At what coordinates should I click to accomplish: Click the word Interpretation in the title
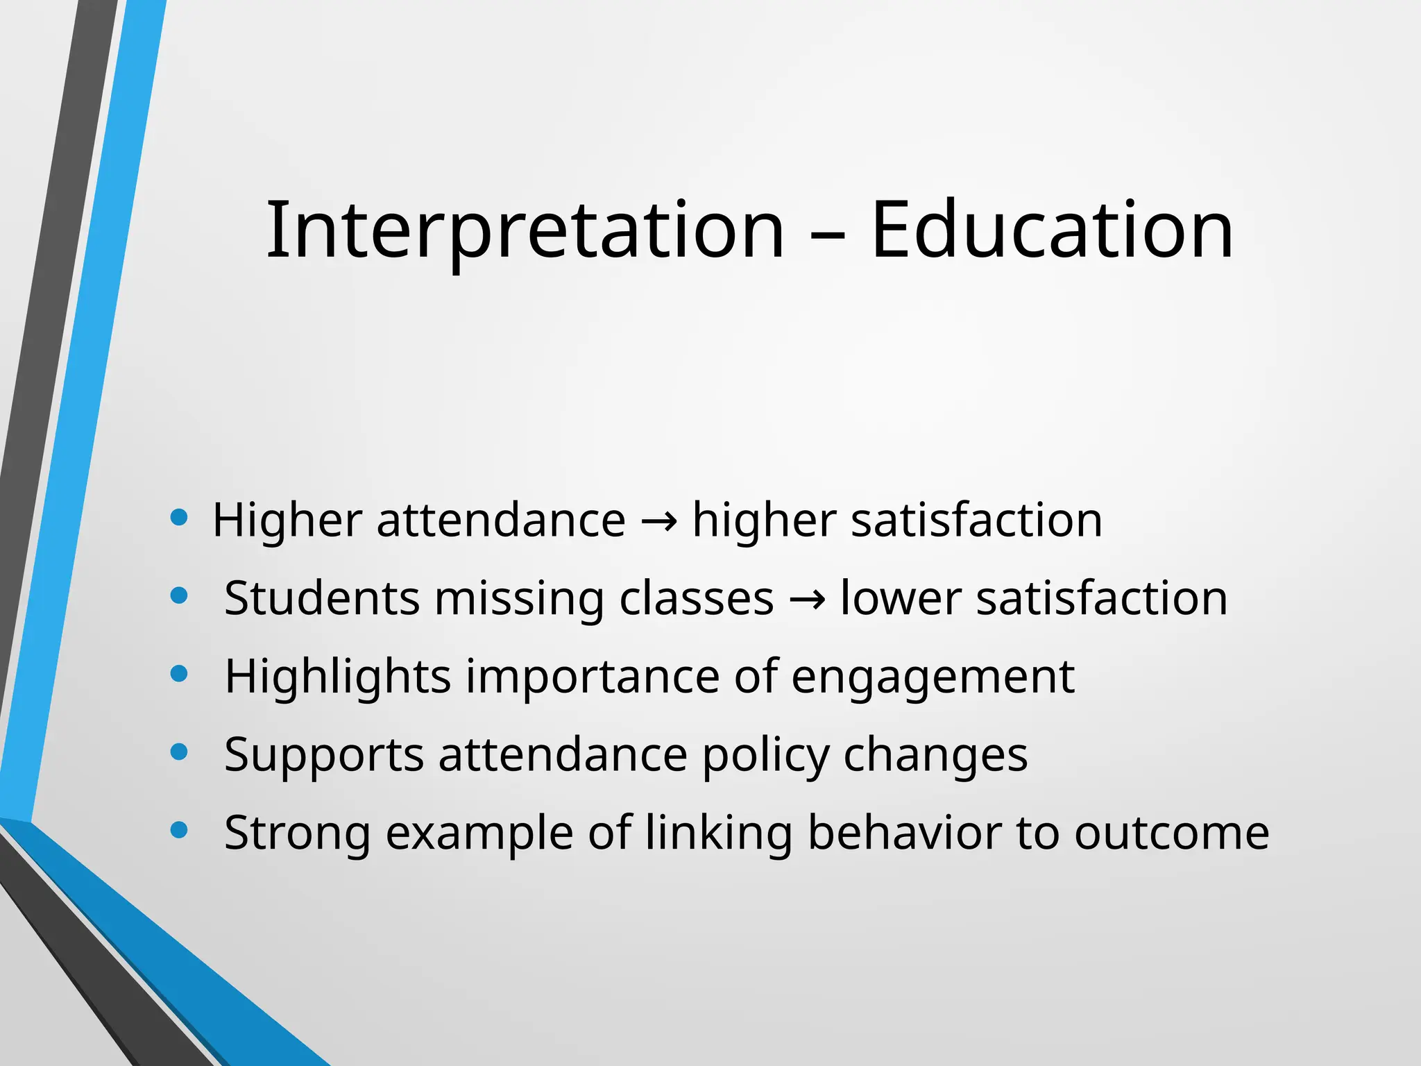coord(525,230)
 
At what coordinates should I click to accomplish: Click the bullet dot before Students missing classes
coord(179,595)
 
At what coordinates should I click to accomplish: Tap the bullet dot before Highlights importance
coord(179,673)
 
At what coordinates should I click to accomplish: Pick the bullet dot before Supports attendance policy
coord(179,752)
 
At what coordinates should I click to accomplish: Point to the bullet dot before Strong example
coord(179,829)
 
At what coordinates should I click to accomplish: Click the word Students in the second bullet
coord(322,598)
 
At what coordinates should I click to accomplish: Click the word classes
coord(696,598)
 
